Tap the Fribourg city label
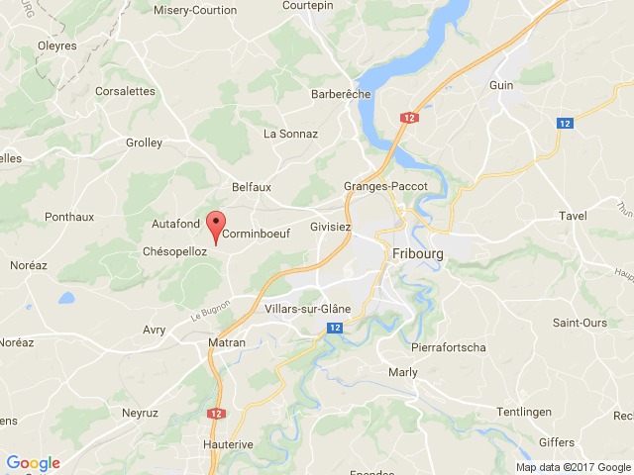[x=418, y=252]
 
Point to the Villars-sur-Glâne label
[x=307, y=309]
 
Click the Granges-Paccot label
[x=384, y=186]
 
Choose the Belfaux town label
[x=251, y=186]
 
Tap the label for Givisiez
[x=331, y=226]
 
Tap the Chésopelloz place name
[x=174, y=251]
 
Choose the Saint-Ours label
[x=580, y=323]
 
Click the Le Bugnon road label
[x=210, y=310]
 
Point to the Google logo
[x=33, y=463]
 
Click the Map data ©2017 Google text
[x=573, y=467]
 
